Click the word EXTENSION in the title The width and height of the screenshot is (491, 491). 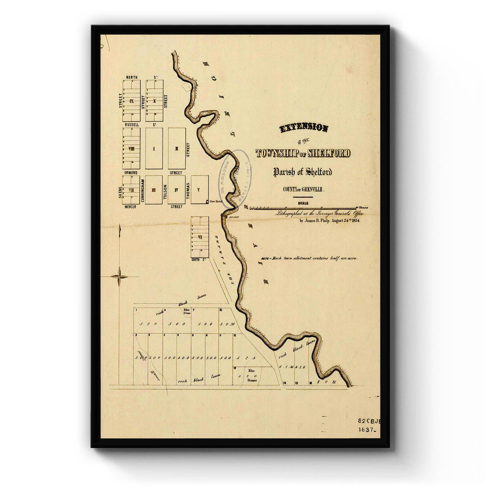click(x=304, y=128)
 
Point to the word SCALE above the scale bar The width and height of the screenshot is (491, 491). click(x=303, y=203)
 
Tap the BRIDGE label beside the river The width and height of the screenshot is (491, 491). click(x=234, y=217)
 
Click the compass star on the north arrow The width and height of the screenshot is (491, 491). click(x=119, y=277)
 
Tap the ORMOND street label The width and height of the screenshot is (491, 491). click(x=132, y=173)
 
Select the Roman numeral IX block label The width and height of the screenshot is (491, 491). click(x=131, y=101)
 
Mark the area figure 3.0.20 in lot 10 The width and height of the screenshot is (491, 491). click(x=226, y=324)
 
